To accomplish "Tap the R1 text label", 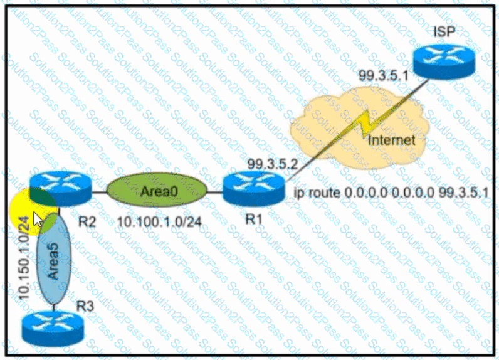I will (257, 219).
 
